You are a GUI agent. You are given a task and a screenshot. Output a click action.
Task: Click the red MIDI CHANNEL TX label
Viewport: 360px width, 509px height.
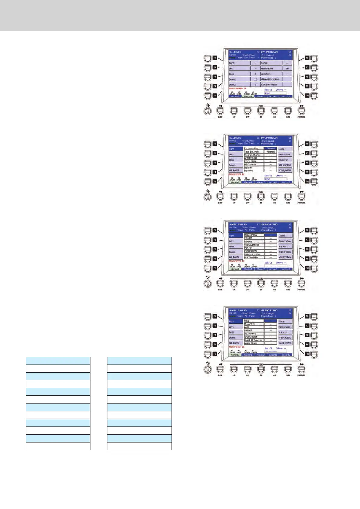[x=237, y=89]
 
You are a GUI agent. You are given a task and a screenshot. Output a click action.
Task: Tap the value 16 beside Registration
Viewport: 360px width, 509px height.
[x=287, y=69]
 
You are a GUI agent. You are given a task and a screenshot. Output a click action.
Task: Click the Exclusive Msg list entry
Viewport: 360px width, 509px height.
[x=254, y=148]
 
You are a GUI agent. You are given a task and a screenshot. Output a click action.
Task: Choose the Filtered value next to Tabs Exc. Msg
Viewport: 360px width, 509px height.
[x=270, y=152]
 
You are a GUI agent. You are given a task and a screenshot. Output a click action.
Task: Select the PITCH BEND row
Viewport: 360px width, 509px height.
[x=254, y=161]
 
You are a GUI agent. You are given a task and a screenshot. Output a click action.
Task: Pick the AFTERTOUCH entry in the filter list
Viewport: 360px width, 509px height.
[x=254, y=158]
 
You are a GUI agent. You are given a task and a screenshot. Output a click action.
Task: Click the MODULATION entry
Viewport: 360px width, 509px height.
[x=254, y=235]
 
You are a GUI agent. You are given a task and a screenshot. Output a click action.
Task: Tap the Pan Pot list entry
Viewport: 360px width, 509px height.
[x=254, y=248]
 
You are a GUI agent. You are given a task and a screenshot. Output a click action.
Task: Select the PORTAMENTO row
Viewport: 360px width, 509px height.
[x=254, y=258]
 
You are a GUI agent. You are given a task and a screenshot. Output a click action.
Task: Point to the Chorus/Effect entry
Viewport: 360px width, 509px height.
[x=254, y=245]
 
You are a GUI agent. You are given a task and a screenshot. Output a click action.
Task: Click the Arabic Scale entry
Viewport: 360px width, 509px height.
[x=254, y=343]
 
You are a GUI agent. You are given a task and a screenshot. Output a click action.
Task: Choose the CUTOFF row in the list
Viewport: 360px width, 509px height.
[x=254, y=331]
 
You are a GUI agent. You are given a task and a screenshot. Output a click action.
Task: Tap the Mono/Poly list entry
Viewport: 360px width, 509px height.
[x=254, y=324]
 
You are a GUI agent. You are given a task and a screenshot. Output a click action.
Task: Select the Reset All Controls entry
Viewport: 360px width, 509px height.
[x=254, y=340]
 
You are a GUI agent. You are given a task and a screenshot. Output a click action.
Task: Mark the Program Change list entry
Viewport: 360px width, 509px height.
[x=254, y=155]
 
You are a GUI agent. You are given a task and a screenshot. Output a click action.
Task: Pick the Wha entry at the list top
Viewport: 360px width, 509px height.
[x=254, y=321]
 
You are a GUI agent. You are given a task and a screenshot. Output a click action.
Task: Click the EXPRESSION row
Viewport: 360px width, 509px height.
[x=254, y=251]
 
